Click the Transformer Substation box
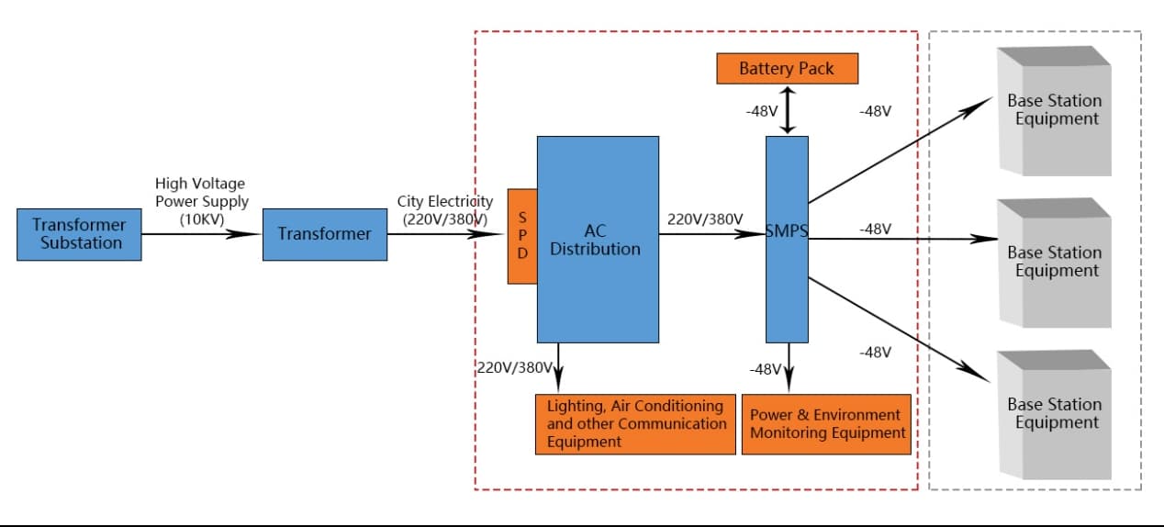(79, 234)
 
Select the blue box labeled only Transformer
(324, 234)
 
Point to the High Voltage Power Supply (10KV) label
(200, 200)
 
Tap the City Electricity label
(445, 209)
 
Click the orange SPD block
(522, 236)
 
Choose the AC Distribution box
(597, 240)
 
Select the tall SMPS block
(787, 240)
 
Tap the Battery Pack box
(786, 69)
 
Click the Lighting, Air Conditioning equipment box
(635, 424)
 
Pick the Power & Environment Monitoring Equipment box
(826, 424)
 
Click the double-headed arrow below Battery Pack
(787, 110)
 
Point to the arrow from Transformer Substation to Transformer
(202, 234)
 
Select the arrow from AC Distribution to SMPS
(712, 234)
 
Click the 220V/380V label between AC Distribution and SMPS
(705, 219)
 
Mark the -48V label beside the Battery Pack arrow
(762, 111)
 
